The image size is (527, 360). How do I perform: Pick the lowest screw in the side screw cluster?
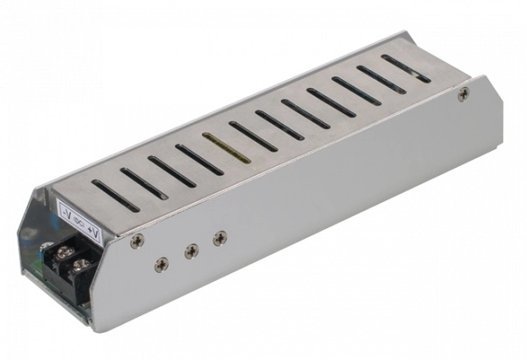click(x=161, y=263)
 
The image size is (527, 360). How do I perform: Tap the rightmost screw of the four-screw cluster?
click(x=220, y=236)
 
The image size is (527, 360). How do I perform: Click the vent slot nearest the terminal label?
click(x=115, y=195)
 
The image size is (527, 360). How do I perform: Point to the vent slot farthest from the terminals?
click(x=407, y=68)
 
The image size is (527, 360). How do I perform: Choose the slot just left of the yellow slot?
click(x=199, y=159)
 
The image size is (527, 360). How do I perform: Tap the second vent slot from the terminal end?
click(x=144, y=183)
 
